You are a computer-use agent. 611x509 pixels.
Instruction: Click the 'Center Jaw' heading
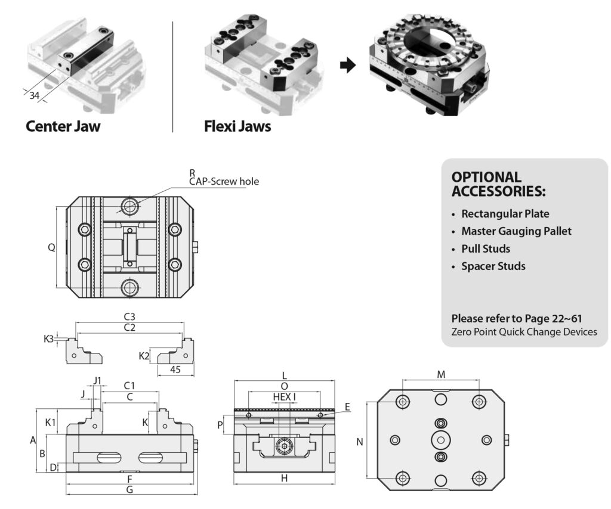[x=63, y=126]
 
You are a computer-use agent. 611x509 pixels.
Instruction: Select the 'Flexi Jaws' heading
[x=237, y=126]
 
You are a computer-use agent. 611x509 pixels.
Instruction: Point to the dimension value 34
[x=35, y=95]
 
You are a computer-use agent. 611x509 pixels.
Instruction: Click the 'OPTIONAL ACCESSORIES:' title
[x=498, y=184]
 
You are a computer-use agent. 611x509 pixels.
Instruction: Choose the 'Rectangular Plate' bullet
[x=505, y=213]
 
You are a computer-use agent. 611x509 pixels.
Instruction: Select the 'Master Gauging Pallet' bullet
[x=516, y=231]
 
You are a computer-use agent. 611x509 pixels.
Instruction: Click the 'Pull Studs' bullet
[x=485, y=249]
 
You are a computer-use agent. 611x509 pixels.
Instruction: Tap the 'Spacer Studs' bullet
[x=493, y=266]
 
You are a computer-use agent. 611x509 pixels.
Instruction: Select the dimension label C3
[x=129, y=316]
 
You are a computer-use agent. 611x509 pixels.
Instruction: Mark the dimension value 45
[x=176, y=370]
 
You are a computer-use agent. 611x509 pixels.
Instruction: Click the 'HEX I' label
[x=285, y=396]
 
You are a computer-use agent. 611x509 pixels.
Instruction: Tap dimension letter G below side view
[x=130, y=491]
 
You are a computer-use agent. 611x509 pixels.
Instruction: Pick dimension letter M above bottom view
[x=441, y=374]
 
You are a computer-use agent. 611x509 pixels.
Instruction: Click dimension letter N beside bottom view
[x=359, y=442]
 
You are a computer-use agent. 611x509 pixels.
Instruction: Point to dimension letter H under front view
[x=284, y=478]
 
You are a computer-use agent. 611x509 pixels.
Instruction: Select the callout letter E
[x=347, y=407]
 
